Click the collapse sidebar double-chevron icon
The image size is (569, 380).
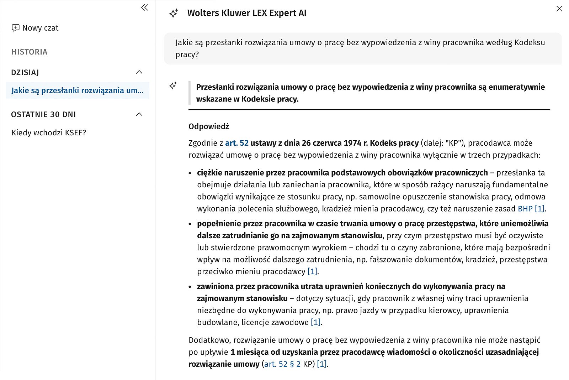[144, 7]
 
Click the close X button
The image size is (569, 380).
[559, 9]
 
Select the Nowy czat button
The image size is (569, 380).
[35, 28]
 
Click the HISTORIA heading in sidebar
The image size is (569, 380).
[30, 52]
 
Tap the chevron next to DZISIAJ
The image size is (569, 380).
[139, 72]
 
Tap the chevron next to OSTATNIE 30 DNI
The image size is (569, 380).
[139, 114]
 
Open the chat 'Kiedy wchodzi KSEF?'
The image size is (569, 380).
[49, 133]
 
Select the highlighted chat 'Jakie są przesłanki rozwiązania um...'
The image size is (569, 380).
[77, 90]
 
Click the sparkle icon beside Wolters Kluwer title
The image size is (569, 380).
[174, 14]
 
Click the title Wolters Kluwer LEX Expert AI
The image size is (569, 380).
[246, 13]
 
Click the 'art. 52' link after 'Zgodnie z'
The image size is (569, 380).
[236, 143]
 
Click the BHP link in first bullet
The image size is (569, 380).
[525, 209]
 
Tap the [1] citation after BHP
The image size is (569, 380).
[539, 209]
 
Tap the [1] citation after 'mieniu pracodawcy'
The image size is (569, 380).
[312, 272]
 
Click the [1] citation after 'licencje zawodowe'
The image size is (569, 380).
[315, 323]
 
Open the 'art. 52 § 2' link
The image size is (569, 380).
[282, 364]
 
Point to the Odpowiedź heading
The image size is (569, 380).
[209, 126]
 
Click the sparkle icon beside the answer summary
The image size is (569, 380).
[173, 85]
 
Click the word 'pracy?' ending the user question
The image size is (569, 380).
[187, 54]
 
